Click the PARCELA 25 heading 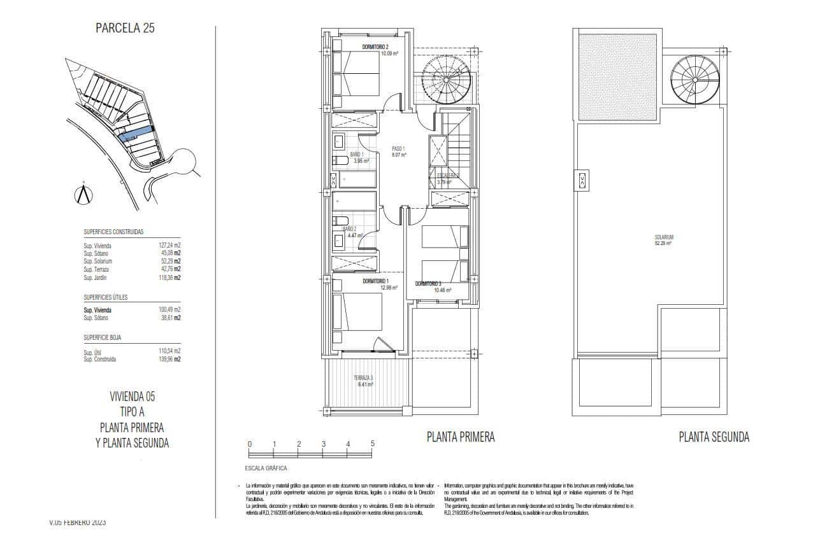point(125,28)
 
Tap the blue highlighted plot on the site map point(136,133)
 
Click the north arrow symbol point(83,193)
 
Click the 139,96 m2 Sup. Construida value point(169,359)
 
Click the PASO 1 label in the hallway point(399,149)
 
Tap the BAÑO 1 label point(356,155)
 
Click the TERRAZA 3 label point(363,378)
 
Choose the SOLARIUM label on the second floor point(663,237)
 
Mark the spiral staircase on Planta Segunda point(694,79)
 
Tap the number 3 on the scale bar point(323,444)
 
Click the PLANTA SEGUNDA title point(714,437)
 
